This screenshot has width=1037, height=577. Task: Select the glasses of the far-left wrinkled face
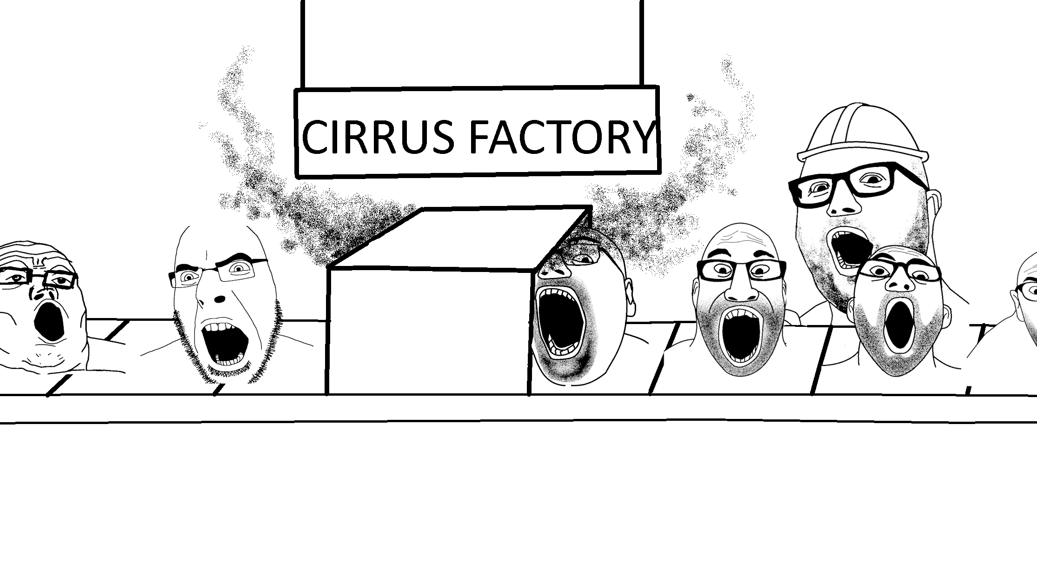(x=40, y=278)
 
